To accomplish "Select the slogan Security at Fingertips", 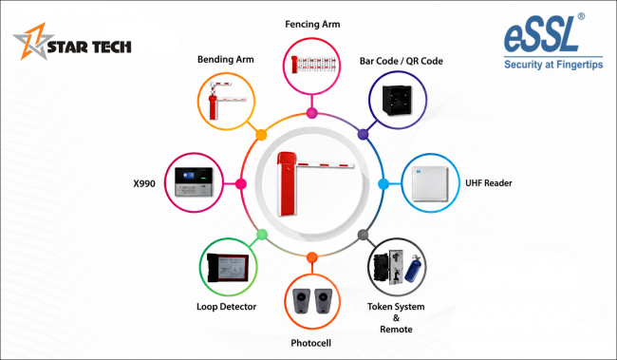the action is [x=553, y=65].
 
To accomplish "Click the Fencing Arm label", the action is [x=312, y=25].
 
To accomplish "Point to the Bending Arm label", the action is [x=226, y=60].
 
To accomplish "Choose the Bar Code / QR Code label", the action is [x=401, y=61].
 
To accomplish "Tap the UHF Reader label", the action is [x=488, y=183].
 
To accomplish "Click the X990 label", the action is [x=144, y=183].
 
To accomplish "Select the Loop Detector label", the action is [x=226, y=307].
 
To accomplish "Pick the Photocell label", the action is [x=310, y=343].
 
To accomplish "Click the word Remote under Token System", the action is [x=396, y=330].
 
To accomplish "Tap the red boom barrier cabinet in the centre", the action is [x=287, y=183].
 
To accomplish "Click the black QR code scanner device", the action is [x=397, y=100].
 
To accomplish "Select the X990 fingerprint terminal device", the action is [x=194, y=182].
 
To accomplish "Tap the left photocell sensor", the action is [x=302, y=301].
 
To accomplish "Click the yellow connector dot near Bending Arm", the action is [x=261, y=135].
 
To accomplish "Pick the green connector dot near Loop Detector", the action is [x=262, y=235].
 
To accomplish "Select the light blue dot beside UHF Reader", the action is [x=383, y=184].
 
